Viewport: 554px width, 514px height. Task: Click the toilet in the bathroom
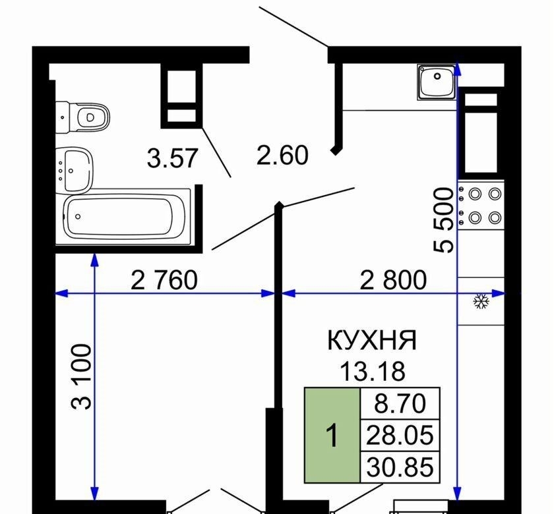pyautogui.click(x=82, y=117)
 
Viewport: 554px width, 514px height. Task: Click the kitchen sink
pyautogui.click(x=437, y=82)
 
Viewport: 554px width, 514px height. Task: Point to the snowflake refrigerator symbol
pyautogui.click(x=481, y=300)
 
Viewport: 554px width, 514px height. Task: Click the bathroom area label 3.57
pyautogui.click(x=172, y=158)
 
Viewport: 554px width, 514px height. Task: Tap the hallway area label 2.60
pyautogui.click(x=282, y=156)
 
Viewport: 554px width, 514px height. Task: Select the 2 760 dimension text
pyautogui.click(x=164, y=280)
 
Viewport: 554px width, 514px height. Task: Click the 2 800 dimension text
pyautogui.click(x=393, y=280)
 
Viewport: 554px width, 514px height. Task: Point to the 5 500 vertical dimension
pyautogui.click(x=443, y=220)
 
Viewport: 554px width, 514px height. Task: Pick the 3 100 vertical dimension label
pyautogui.click(x=81, y=377)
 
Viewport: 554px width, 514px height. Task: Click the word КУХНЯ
pyautogui.click(x=372, y=341)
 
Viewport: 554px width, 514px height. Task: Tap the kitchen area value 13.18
pyautogui.click(x=372, y=372)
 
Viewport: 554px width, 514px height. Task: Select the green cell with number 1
pyautogui.click(x=332, y=435)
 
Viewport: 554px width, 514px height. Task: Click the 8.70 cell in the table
pyautogui.click(x=400, y=403)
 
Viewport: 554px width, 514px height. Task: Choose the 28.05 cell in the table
pyautogui.click(x=400, y=436)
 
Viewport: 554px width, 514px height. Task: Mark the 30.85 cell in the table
pyautogui.click(x=400, y=467)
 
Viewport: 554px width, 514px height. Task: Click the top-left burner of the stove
pyautogui.click(x=475, y=194)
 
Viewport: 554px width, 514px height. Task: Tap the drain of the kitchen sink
pyautogui.click(x=437, y=76)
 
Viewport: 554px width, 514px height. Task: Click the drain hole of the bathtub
pyautogui.click(x=78, y=216)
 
